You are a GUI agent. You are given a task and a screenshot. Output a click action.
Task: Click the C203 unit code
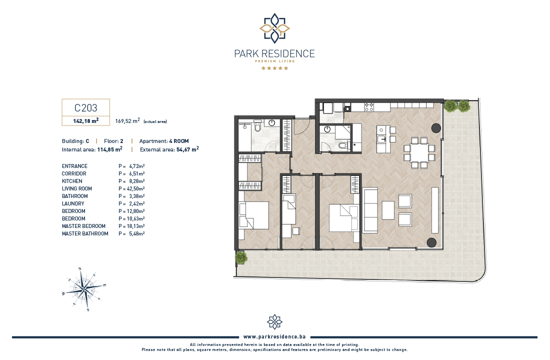85,107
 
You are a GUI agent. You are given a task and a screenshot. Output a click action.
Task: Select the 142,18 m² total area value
86,120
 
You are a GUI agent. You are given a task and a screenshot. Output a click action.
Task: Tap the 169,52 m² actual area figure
127,120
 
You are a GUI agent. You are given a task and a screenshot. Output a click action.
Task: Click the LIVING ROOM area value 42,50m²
135,189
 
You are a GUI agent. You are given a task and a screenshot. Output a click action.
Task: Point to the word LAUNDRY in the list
73,203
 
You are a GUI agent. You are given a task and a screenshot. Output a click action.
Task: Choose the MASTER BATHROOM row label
85,233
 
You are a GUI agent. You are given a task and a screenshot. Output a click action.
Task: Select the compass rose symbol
84,289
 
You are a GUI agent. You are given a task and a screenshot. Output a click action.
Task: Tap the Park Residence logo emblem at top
274,28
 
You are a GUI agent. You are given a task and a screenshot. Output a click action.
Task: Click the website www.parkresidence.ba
274,337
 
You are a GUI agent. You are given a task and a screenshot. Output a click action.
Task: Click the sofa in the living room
370,210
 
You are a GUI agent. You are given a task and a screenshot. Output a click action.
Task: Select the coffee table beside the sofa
388,210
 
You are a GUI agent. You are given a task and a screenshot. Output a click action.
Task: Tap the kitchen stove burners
369,107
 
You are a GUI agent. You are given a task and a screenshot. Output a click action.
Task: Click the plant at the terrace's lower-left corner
241,257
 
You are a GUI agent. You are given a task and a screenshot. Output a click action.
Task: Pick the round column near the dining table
436,128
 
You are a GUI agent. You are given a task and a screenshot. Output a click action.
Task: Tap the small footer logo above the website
274,322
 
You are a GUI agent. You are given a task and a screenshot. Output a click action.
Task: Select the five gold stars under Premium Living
274,68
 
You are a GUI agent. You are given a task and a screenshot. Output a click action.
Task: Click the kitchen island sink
381,139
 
